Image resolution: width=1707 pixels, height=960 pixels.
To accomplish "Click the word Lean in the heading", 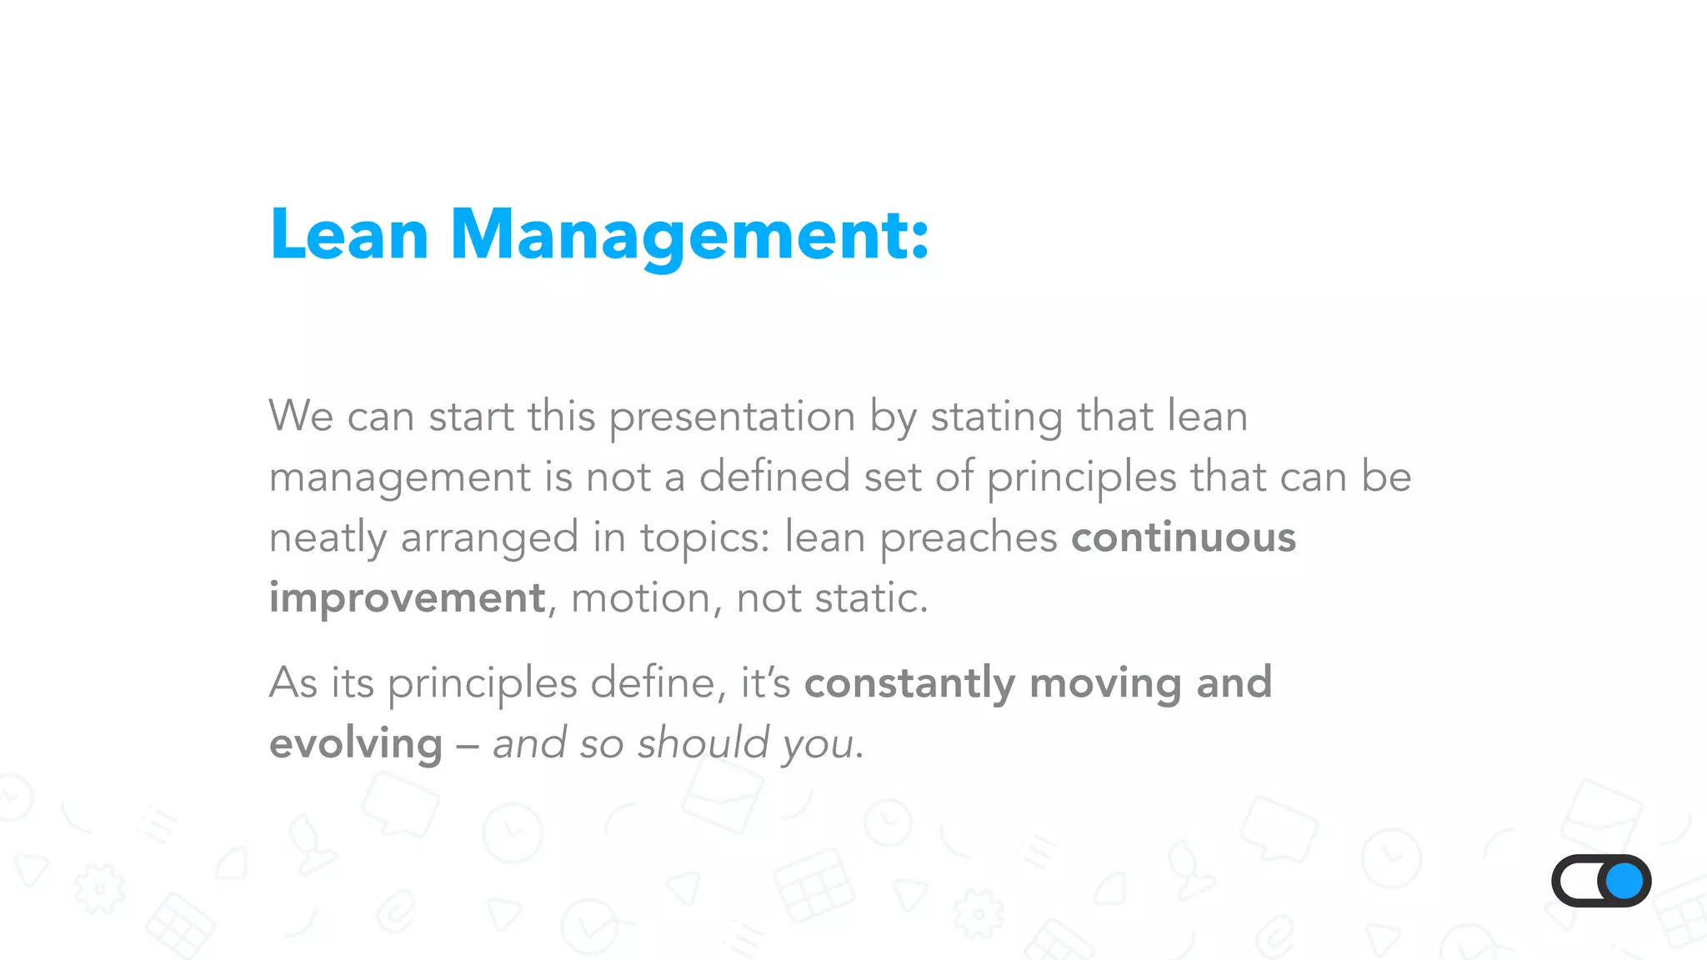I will pos(348,235).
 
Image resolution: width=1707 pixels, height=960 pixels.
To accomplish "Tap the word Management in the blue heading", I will pos(688,237).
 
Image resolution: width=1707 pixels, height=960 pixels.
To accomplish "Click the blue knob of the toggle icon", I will pos(1624,881).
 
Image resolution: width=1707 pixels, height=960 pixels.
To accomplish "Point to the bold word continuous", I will pos(1184,537).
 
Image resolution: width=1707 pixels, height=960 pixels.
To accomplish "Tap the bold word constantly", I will pos(909,683).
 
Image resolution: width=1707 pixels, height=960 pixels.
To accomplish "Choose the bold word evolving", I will pos(356,744).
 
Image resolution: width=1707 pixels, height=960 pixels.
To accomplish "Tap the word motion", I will pos(639,598).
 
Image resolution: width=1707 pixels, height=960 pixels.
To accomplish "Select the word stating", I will pos(996,417).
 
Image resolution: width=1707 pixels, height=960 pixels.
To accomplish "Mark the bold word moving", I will pos(1105,683).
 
